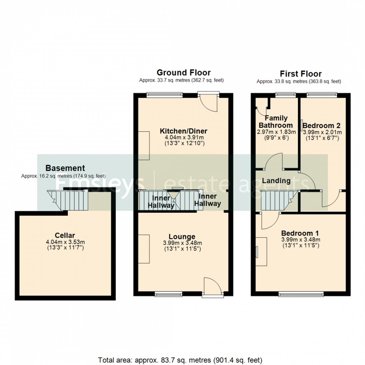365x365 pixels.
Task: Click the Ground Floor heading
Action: [184, 73]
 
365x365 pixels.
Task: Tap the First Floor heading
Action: [301, 74]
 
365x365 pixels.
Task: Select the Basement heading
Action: [65, 168]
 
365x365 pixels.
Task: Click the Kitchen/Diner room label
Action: [184, 131]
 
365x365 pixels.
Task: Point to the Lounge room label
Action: [182, 237]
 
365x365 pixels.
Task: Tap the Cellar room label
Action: [65, 235]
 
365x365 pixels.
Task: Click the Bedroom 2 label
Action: [322, 126]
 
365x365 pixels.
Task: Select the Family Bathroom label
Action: [276, 122]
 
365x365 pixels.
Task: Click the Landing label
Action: [276, 181]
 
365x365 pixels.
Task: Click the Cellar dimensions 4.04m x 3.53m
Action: [65, 242]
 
